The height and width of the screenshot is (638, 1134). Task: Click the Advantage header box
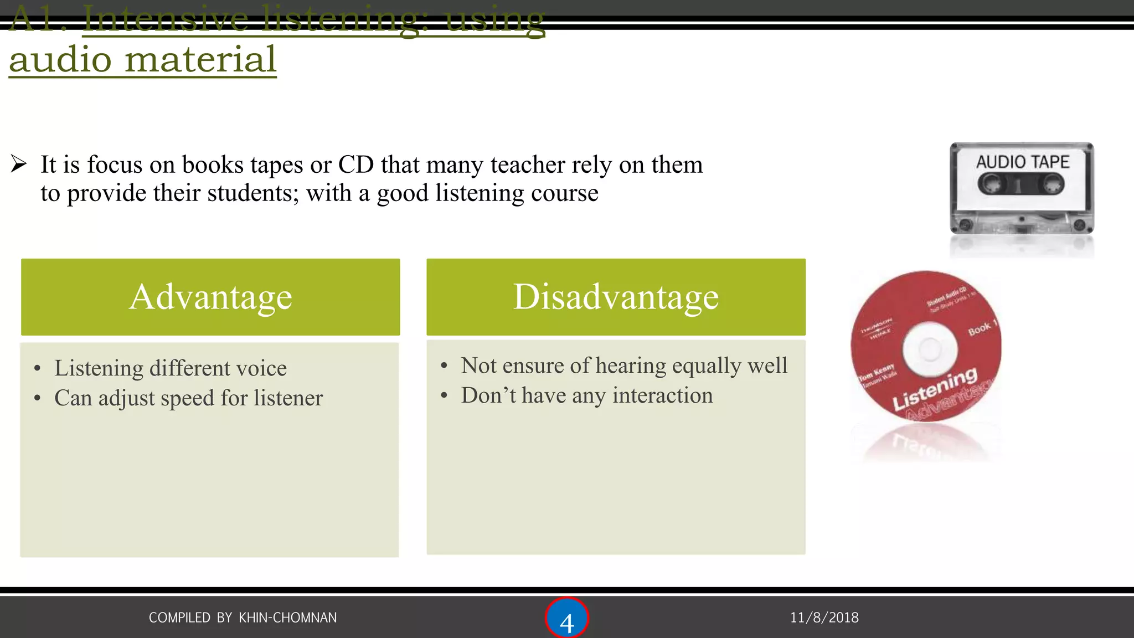(x=210, y=297)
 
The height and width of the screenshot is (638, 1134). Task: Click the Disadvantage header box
(x=616, y=297)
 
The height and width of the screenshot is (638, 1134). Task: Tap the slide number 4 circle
(x=566, y=619)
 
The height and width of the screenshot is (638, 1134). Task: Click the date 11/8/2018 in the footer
(x=824, y=618)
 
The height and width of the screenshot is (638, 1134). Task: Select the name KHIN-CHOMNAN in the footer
(x=287, y=618)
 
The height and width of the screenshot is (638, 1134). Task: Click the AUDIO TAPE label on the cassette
(x=1022, y=162)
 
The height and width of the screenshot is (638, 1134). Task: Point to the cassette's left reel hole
(x=991, y=184)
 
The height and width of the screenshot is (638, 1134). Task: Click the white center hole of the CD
(x=930, y=349)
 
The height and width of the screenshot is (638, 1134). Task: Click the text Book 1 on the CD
(x=982, y=328)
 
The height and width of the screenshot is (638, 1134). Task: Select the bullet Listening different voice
(x=171, y=368)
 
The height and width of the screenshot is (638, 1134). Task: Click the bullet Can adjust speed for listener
(x=188, y=398)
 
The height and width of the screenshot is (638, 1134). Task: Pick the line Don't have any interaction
(x=587, y=395)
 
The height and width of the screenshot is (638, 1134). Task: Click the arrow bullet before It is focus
(x=19, y=164)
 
